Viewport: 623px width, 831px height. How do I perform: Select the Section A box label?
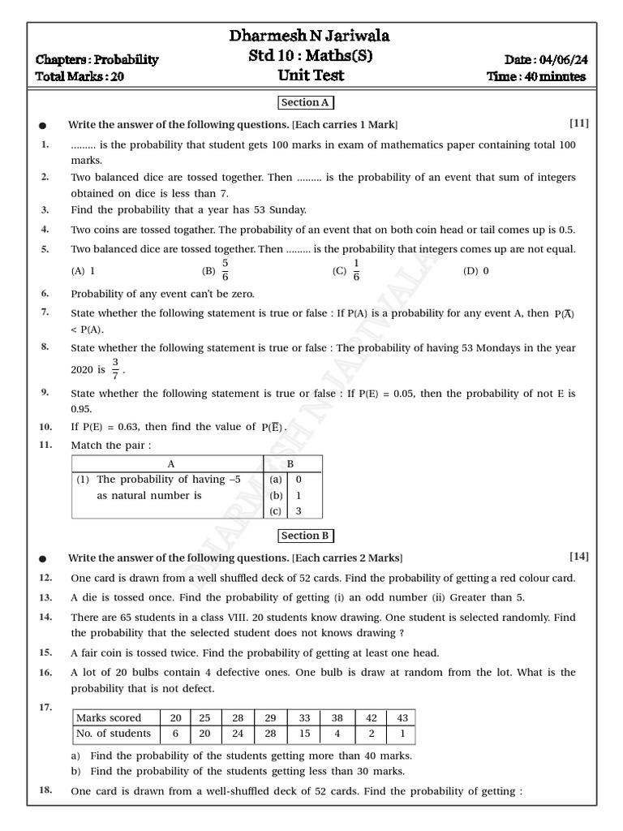306,103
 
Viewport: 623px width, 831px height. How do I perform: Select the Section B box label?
306,536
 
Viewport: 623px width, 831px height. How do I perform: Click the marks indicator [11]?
578,123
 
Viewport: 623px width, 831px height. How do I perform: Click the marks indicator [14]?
578,556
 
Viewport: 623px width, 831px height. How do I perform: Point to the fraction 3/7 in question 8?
115,369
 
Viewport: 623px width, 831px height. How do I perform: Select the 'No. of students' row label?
114,734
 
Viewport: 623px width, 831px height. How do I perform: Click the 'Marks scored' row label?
109,717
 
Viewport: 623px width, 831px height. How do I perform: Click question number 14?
45,617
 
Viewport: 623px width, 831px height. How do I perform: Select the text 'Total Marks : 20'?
80,77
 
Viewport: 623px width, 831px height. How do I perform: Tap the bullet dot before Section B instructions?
43,558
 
